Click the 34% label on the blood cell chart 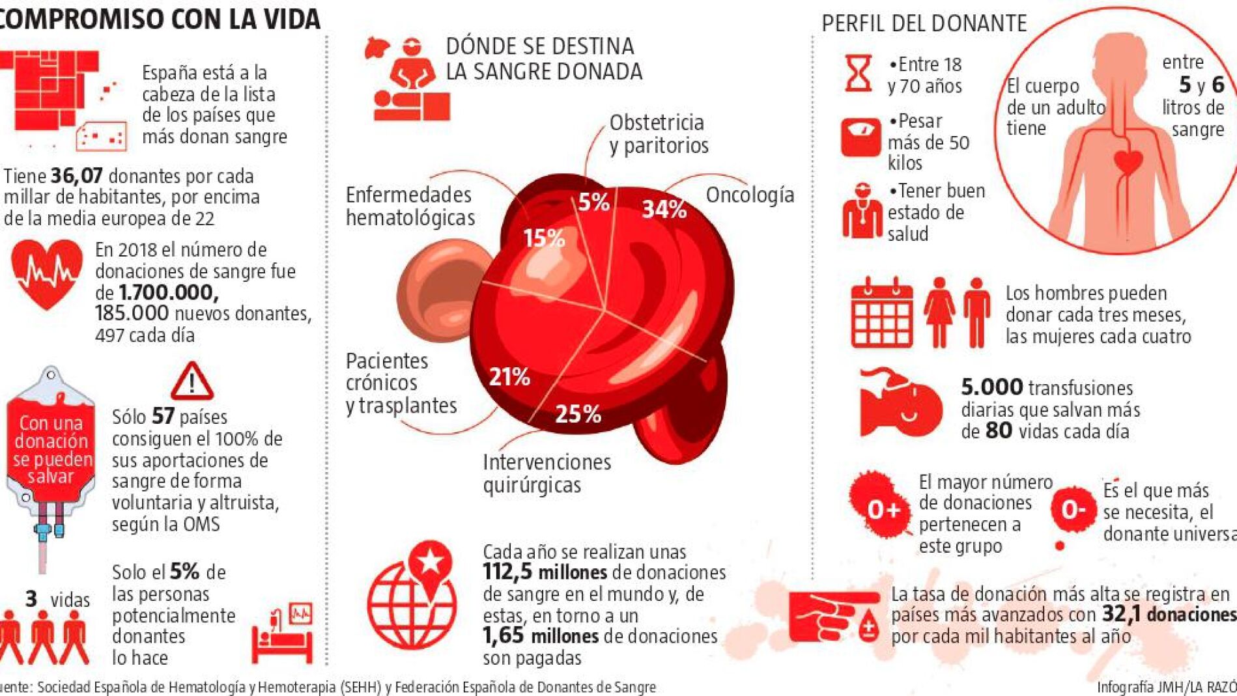point(664,209)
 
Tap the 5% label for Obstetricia point(593,202)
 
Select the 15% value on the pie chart point(544,238)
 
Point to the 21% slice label point(509,377)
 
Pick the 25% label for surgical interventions point(578,414)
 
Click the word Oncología point(750,195)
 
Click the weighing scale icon point(860,137)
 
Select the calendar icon point(881,313)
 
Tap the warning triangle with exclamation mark point(192,382)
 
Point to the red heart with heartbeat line point(47,273)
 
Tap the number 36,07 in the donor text point(76,176)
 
